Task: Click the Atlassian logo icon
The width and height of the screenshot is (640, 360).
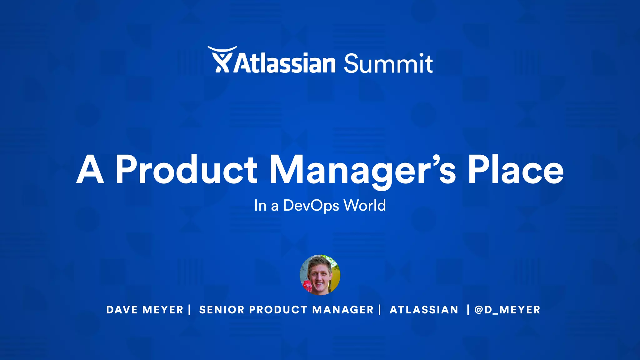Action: point(222,60)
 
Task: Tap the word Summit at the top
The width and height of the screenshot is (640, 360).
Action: point(388,63)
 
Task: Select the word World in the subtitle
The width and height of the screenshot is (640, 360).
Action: point(364,205)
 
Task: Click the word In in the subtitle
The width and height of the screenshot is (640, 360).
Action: point(260,206)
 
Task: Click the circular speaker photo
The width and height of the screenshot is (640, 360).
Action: point(320,275)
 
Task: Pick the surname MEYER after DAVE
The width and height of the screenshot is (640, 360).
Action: point(163,310)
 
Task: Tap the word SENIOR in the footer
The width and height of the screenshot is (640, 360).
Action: point(222,310)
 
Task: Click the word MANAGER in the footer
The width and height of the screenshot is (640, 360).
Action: point(343,310)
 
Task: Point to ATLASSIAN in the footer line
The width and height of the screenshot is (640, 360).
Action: point(424,310)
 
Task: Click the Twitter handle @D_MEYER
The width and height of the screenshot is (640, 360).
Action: point(507,310)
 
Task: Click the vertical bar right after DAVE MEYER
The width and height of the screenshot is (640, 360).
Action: point(189,310)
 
